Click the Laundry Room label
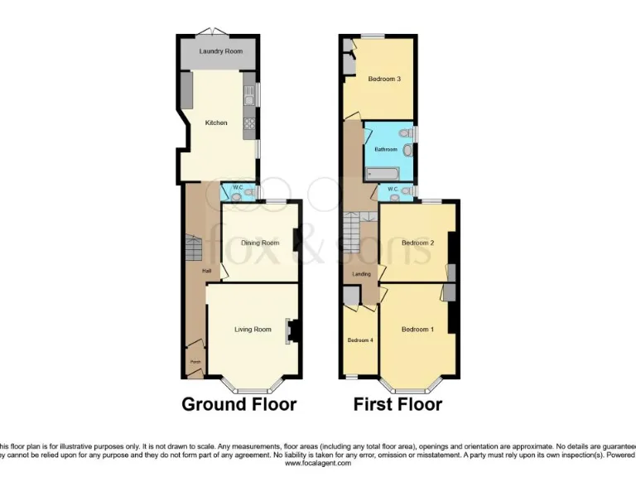(x=220, y=51)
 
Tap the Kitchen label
(x=216, y=123)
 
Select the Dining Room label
(x=260, y=243)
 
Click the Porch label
(x=195, y=362)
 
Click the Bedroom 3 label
(x=384, y=79)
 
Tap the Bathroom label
(x=387, y=150)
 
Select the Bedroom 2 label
(x=418, y=243)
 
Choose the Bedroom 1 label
(x=417, y=330)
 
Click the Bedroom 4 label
(x=359, y=340)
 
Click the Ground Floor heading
(x=238, y=404)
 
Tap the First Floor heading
(x=397, y=404)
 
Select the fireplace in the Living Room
(x=291, y=330)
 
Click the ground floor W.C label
(x=237, y=188)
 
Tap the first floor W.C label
(x=394, y=190)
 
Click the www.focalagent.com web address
(x=318, y=464)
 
